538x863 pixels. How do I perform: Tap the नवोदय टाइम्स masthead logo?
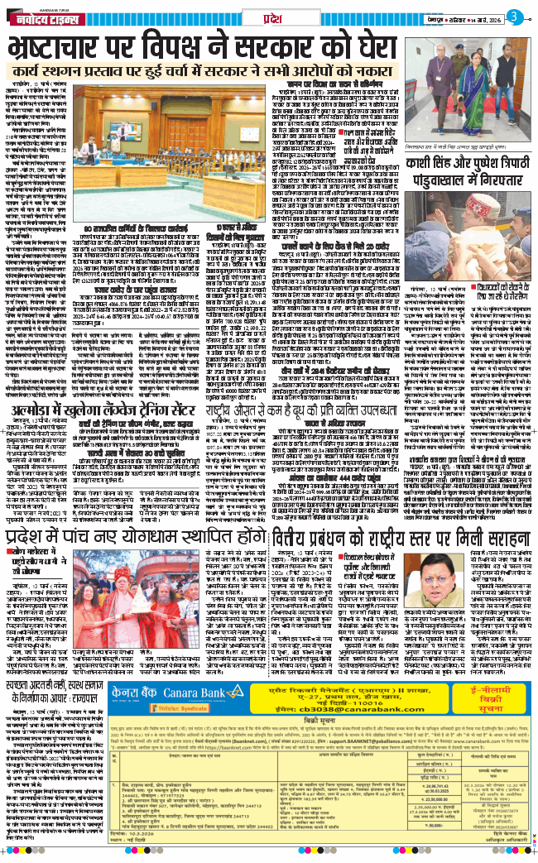50,17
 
